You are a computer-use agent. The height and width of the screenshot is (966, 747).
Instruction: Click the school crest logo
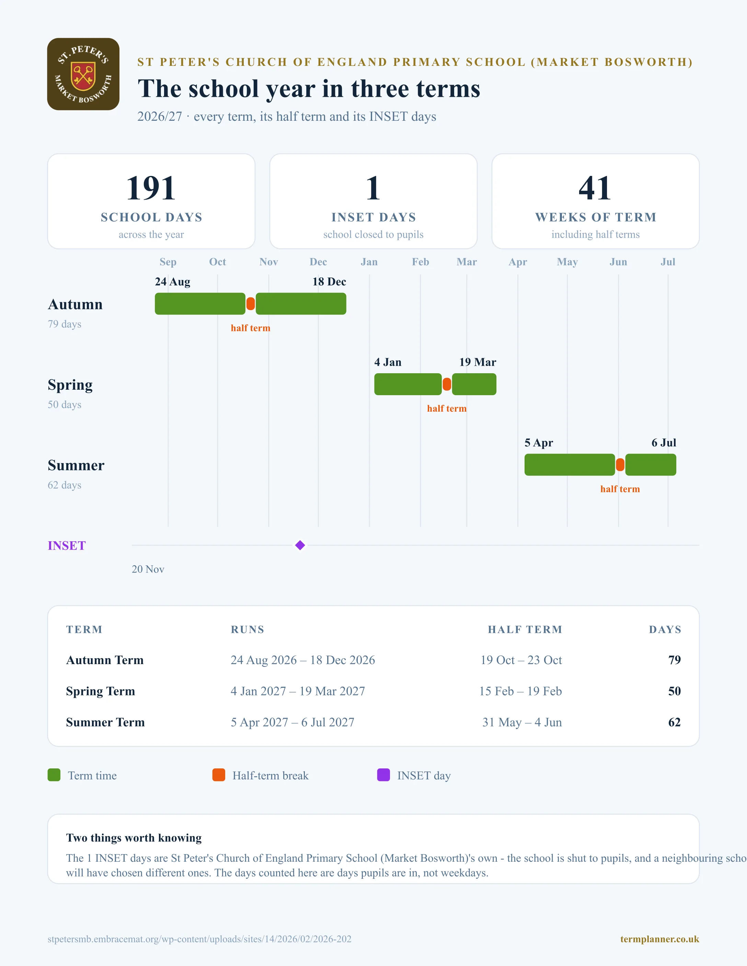coord(83,74)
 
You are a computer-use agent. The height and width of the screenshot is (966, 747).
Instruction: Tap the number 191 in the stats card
coord(151,188)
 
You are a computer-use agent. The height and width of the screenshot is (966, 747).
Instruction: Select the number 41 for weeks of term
coord(595,188)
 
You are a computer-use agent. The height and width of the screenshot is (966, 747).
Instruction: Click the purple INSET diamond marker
coord(300,545)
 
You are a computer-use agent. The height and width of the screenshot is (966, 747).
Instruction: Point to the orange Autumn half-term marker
coord(251,304)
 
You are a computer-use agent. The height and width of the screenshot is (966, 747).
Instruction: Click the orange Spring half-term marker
coord(447,384)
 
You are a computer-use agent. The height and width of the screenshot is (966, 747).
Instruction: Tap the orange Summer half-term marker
coord(620,465)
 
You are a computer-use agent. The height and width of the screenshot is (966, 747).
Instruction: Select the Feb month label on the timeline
coord(421,262)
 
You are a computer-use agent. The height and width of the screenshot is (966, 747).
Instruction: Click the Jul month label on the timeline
coord(668,262)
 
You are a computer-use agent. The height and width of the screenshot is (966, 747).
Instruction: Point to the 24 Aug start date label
coord(173,282)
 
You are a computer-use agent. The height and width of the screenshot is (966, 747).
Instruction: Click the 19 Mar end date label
coord(478,362)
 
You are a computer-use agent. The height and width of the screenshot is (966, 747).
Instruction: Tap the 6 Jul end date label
coord(664,443)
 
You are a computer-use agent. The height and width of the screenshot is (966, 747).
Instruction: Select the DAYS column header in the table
coord(665,629)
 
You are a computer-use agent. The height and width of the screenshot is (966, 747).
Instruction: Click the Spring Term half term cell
coord(520,691)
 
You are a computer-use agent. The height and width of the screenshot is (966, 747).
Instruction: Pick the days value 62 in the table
coord(675,722)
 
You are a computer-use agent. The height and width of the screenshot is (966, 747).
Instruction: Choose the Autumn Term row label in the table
coord(105,660)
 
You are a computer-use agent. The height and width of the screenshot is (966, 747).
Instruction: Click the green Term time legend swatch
coord(54,775)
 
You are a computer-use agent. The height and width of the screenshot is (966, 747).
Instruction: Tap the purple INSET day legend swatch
coord(383,775)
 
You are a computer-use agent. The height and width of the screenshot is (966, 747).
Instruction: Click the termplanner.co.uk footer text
coord(659,939)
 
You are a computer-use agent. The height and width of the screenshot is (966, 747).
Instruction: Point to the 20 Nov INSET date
coord(148,569)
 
